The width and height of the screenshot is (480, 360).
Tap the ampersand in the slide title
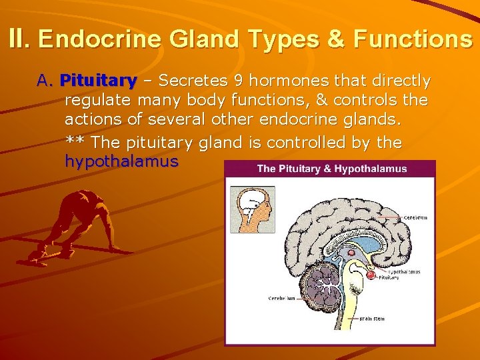[x=335, y=39]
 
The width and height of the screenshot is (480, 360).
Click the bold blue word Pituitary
[x=98, y=81]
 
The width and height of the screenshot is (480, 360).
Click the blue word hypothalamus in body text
[x=121, y=161]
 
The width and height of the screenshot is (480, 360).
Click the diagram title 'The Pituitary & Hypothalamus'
[x=331, y=169]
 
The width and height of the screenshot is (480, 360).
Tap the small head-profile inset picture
[x=252, y=209]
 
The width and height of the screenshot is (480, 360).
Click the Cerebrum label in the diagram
[x=415, y=217]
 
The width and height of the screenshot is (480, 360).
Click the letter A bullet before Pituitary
[x=44, y=81]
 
